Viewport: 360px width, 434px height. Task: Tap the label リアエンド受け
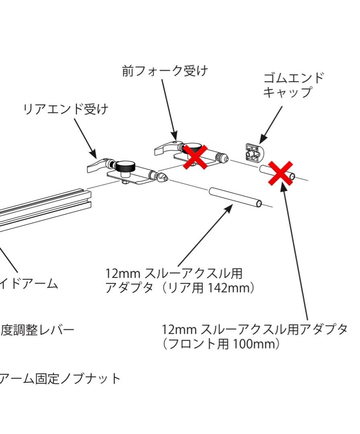pos(66,109)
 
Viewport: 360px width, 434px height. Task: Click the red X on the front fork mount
pos(195,157)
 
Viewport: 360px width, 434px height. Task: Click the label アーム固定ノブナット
pos(60,379)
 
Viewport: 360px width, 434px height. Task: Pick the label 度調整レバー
pos(37,330)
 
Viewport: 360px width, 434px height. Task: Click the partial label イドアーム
pos(29,284)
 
